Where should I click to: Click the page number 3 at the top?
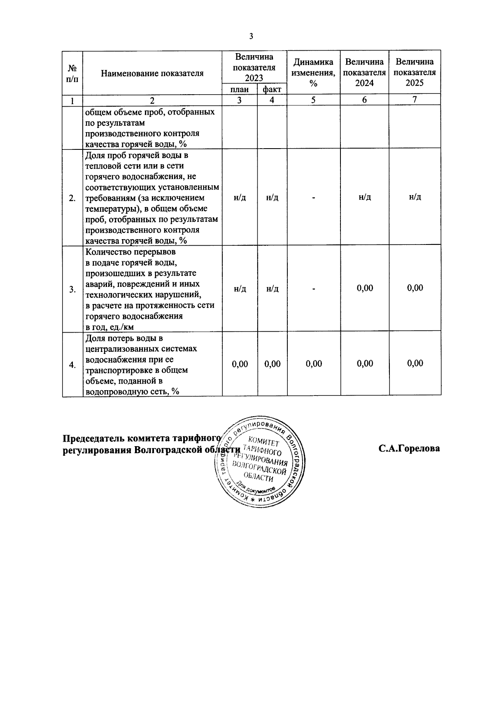pos(251,37)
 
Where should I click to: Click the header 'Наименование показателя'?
pos(152,74)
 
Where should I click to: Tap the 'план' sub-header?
pos(240,89)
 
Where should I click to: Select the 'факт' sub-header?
pos(272,89)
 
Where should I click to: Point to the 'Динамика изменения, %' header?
pos(313,72)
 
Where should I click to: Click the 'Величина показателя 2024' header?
pos(364,72)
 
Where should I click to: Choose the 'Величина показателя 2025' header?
pos(415,72)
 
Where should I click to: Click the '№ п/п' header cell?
pos(72,72)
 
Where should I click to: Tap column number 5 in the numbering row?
pos(313,100)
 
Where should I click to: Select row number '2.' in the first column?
pos(72,198)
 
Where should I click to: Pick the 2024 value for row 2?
pos(364,198)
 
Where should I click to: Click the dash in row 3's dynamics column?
pos(314,289)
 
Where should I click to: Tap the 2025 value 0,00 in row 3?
pos(415,288)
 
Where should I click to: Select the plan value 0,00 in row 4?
pos(240,364)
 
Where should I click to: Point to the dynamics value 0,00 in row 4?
pos(314,364)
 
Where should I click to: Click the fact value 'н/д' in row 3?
pos(272,289)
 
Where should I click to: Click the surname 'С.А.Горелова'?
pos(409,448)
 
